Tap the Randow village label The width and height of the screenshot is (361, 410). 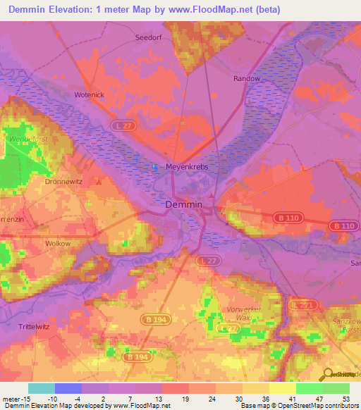tap(247, 79)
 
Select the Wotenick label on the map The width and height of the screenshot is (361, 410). tap(90, 94)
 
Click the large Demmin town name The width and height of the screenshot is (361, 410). tap(183, 204)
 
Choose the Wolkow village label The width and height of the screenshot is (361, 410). tap(58, 243)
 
